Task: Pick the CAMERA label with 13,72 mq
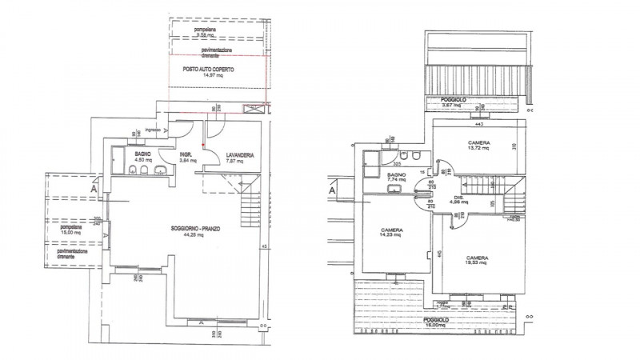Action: (480, 143)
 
